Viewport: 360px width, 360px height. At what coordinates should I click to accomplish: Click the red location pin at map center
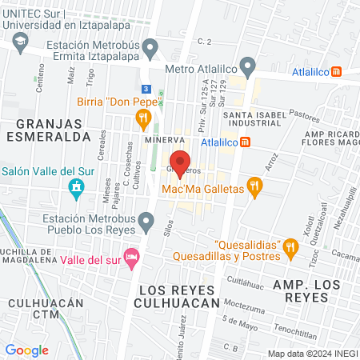180,163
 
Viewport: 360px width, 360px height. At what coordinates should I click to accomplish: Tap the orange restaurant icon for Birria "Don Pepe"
144,120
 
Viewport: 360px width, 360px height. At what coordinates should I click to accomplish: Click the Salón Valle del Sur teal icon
76,189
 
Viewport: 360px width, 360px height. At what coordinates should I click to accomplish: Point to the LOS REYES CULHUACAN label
178,295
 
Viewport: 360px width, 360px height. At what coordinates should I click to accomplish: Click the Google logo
26,350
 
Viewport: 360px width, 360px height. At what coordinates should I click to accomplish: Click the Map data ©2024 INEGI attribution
312,354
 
